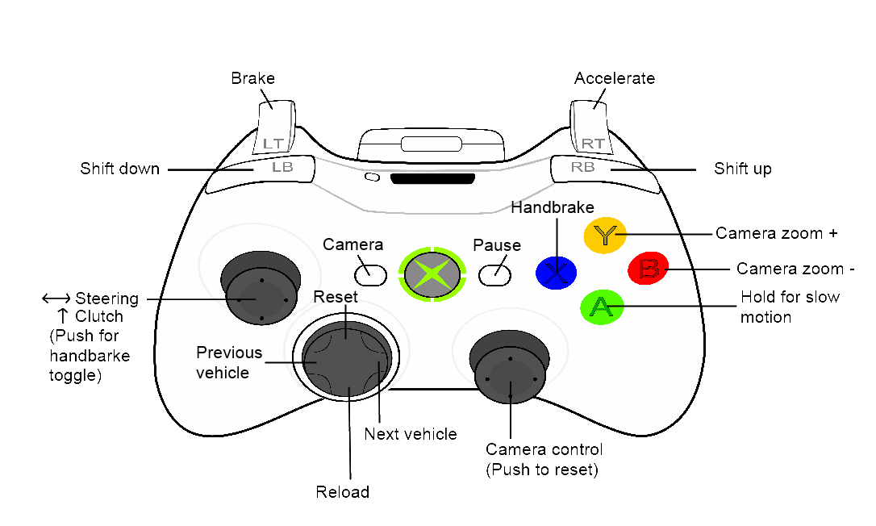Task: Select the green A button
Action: tap(601, 307)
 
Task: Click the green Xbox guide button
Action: tap(433, 274)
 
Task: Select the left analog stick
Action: tap(259, 297)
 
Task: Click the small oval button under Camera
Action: tap(370, 275)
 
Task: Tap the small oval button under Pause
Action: tap(494, 275)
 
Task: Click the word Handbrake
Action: tap(553, 207)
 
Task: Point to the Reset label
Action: tap(336, 297)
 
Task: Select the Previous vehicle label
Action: tap(229, 362)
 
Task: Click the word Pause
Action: tap(497, 245)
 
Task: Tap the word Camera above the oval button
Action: tap(352, 244)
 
